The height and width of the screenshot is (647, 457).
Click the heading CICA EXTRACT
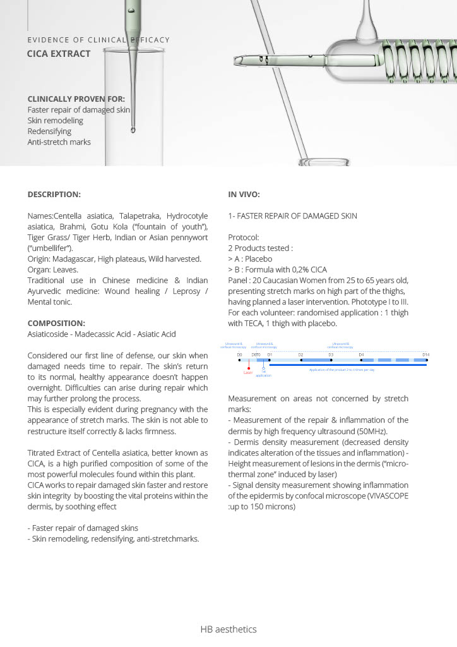click(59, 54)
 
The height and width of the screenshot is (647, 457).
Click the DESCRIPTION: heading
click(54, 195)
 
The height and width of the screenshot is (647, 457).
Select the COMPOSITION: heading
click(56, 323)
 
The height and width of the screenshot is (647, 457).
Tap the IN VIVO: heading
click(244, 195)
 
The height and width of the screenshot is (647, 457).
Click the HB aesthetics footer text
click(228, 629)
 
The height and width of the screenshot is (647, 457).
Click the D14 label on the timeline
click(426, 355)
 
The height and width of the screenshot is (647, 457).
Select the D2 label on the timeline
click(300, 355)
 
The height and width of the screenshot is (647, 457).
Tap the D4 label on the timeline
click(361, 355)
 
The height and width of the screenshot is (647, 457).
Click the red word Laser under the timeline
click(248, 373)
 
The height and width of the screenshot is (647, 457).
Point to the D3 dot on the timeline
click(331, 360)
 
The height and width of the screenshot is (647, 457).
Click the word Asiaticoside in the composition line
click(49, 334)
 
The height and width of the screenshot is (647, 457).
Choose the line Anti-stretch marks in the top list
click(59, 142)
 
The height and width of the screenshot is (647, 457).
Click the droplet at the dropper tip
click(133, 130)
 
